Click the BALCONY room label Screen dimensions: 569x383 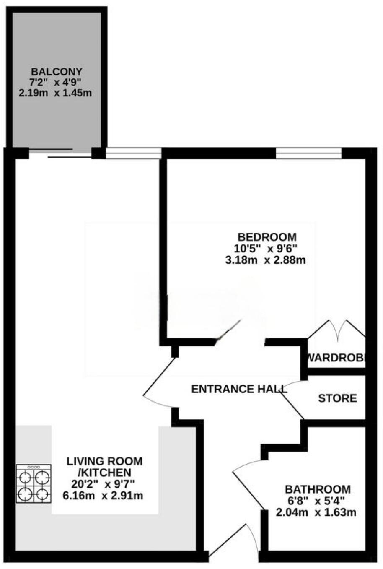click(x=56, y=71)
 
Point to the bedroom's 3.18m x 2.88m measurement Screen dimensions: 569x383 click(x=265, y=260)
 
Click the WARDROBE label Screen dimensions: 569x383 click(x=337, y=358)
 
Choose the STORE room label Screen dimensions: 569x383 click(x=337, y=398)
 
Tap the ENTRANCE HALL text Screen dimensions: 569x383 click(x=239, y=389)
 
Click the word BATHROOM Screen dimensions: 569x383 click(x=318, y=489)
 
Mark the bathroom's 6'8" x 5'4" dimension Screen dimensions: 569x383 click(x=317, y=501)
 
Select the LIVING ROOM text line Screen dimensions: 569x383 click(x=105, y=461)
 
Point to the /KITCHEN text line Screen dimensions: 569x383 click(x=105, y=473)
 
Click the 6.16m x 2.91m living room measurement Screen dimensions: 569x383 click(x=103, y=496)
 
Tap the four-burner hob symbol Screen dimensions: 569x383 click(x=34, y=484)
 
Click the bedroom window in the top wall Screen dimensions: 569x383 click(x=309, y=154)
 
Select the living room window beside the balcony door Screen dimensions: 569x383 click(x=133, y=154)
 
